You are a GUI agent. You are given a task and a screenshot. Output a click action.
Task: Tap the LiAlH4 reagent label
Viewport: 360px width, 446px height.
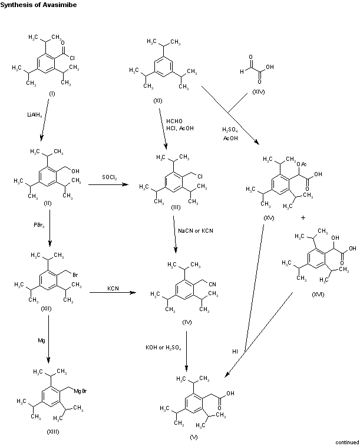pyautogui.click(x=35, y=115)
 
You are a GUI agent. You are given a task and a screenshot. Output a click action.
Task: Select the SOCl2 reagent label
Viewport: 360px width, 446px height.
pyautogui.click(x=109, y=177)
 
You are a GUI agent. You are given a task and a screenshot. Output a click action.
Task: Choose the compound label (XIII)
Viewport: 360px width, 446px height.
pyautogui.click(x=54, y=432)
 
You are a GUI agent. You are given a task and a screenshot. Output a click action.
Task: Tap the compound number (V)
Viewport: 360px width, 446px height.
pyautogui.click(x=194, y=437)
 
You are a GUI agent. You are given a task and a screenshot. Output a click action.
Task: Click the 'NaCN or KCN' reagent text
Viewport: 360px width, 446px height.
pyautogui.click(x=196, y=230)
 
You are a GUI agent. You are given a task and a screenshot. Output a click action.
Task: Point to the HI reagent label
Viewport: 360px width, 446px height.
pyautogui.click(x=235, y=351)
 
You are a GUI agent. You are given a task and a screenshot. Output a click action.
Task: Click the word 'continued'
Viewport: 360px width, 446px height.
pyautogui.click(x=347, y=442)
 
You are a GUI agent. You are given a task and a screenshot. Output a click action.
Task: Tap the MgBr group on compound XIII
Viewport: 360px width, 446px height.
pyautogui.click(x=81, y=391)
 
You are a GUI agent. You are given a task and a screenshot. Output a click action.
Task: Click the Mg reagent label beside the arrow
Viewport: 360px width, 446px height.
pyautogui.click(x=39, y=340)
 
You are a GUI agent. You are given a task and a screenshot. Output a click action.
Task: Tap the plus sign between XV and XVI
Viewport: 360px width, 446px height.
pyautogui.click(x=303, y=217)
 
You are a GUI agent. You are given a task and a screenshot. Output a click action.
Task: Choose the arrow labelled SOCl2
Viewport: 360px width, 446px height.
pyautogui.click(x=109, y=186)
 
